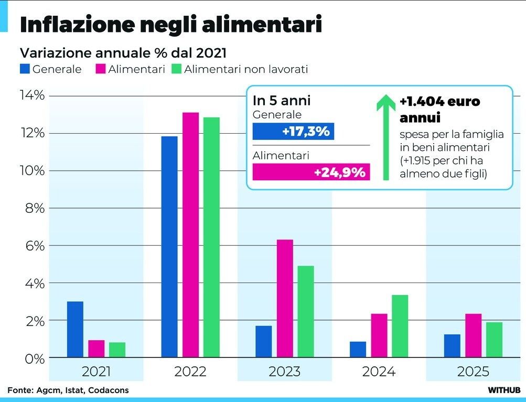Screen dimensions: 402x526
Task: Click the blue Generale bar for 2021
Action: coord(75,329)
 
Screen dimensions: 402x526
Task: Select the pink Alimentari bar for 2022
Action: coord(191,235)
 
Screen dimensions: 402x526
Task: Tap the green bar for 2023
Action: coord(305,311)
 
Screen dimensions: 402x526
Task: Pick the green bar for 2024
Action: coord(400,326)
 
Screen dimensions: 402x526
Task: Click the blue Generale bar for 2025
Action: coord(452,346)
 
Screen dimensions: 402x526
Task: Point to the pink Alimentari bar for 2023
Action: coord(285,298)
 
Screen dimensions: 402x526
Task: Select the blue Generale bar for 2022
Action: coord(169,247)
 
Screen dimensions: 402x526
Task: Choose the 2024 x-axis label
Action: coord(379,372)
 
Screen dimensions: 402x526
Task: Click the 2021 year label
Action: coord(96,372)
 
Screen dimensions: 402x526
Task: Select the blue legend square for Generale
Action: coord(25,69)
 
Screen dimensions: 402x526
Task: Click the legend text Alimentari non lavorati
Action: coord(246,69)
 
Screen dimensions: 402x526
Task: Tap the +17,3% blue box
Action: coord(293,131)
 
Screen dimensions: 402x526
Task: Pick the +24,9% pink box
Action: coord(311,172)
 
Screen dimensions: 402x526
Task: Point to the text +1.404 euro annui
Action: coord(439,108)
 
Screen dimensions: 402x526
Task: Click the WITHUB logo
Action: coord(503,390)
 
